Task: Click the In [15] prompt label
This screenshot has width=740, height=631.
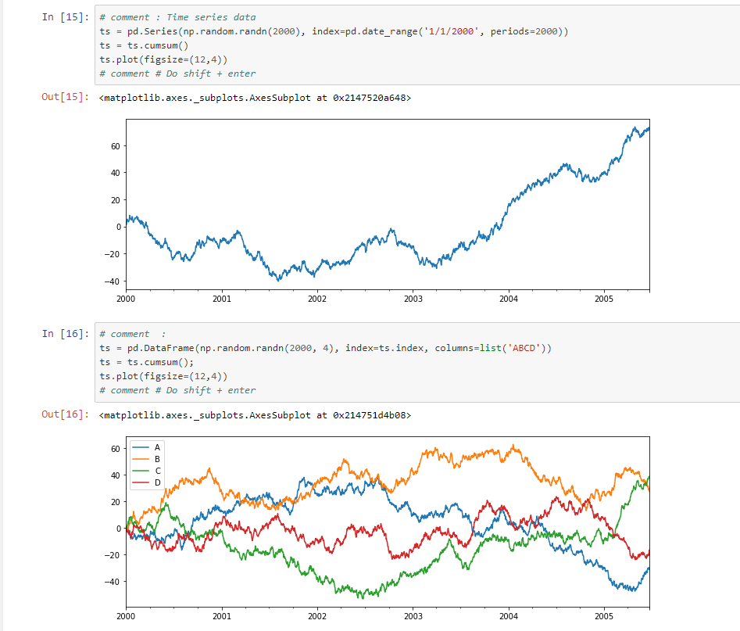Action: (x=65, y=17)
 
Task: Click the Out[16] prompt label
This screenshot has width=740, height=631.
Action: (x=65, y=414)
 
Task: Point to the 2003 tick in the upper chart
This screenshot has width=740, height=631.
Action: (x=413, y=299)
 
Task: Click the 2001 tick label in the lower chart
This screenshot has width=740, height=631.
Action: (x=222, y=616)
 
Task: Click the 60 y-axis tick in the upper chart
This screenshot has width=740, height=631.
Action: (x=116, y=146)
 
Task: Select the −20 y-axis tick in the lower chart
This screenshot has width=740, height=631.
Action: (x=113, y=555)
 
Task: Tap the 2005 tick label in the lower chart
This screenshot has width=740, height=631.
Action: (x=604, y=616)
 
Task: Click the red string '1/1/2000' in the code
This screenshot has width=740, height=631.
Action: (x=451, y=31)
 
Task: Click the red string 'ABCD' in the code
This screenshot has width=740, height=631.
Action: (x=524, y=348)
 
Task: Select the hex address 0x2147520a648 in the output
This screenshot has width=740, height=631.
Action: (x=369, y=98)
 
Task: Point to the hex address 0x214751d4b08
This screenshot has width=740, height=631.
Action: (x=369, y=415)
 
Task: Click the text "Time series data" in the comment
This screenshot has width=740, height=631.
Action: (x=211, y=17)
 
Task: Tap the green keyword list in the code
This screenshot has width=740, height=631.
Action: (x=491, y=348)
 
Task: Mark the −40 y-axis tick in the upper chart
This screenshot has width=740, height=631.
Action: (x=113, y=281)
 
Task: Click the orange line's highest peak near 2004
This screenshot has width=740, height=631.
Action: (x=513, y=445)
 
